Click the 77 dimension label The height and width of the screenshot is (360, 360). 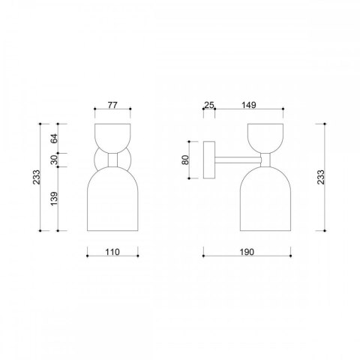112,105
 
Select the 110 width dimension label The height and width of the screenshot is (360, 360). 112,252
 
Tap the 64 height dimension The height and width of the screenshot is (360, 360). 54,138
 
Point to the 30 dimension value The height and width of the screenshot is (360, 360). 54,160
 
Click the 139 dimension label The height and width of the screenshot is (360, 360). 54,199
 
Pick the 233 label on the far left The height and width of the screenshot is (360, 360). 37,177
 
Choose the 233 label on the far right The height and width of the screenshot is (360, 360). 320,177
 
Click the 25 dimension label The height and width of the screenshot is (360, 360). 209,105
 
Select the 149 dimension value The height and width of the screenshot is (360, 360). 249,105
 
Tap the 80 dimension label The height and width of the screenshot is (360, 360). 185,160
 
